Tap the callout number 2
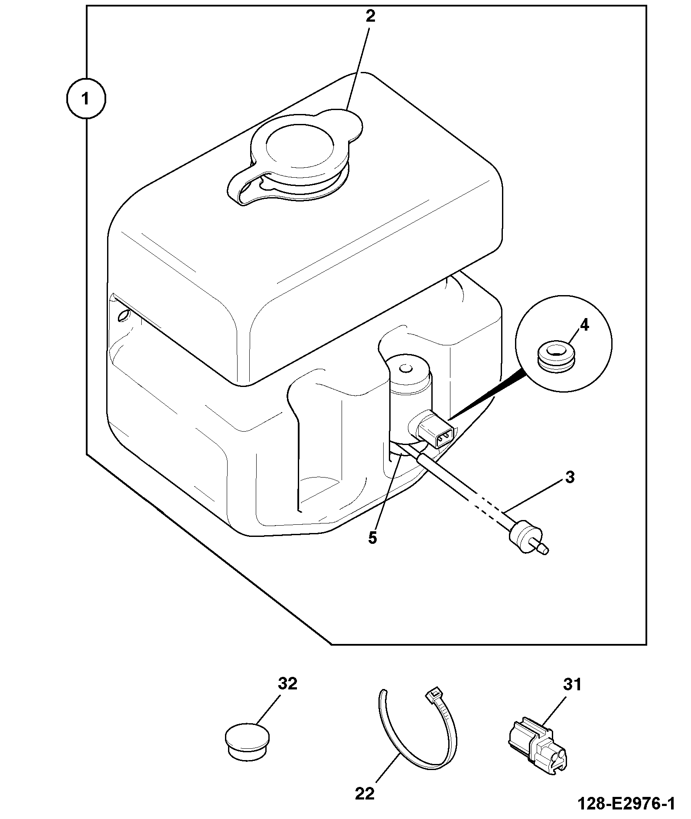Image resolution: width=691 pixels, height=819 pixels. click(370, 16)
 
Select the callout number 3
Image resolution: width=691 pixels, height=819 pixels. click(570, 477)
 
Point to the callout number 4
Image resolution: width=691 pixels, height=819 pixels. click(584, 325)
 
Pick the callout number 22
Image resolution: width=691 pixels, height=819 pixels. click(365, 794)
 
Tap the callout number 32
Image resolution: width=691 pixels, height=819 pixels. click(287, 684)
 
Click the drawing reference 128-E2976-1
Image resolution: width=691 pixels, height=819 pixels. click(626, 804)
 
